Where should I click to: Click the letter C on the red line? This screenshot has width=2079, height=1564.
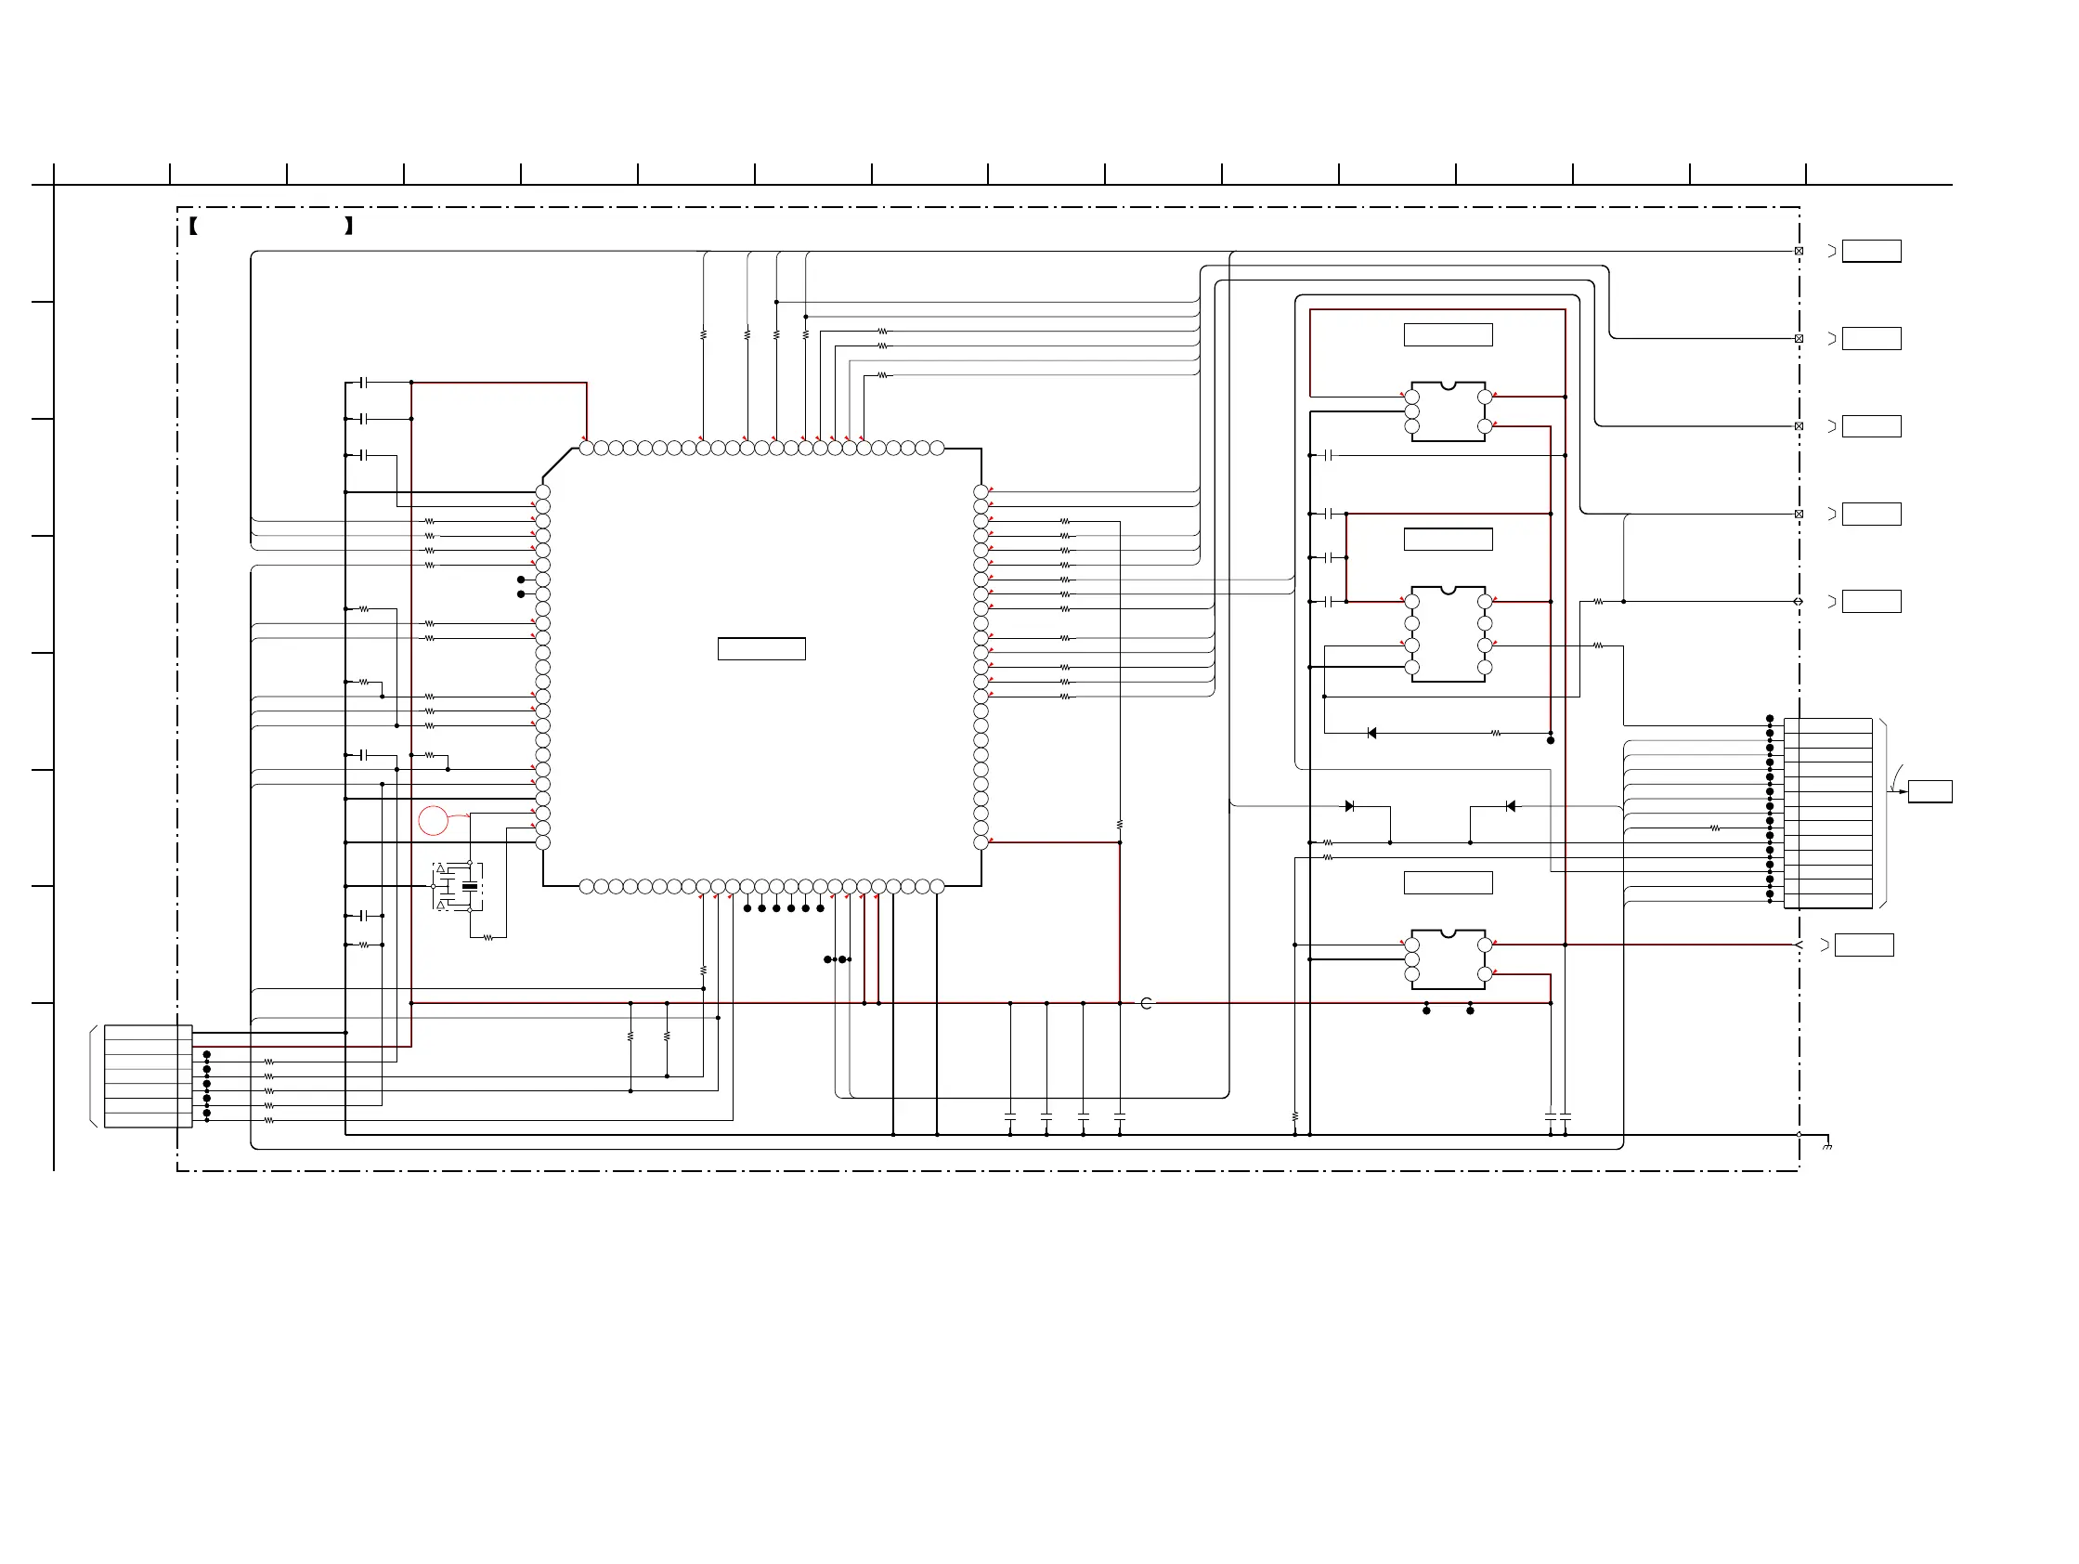pos(1146,1004)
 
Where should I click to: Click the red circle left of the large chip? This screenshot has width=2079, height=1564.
pos(434,820)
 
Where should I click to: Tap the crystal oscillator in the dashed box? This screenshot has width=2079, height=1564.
pos(469,886)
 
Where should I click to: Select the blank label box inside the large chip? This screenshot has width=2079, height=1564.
pos(761,648)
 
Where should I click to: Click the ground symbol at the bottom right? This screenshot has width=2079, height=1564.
pos(1827,1147)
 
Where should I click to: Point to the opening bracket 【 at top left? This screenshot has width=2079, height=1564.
pos(193,226)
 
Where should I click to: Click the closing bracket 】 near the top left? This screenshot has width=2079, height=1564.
pos(349,226)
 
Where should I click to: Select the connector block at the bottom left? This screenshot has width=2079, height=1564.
pos(149,1076)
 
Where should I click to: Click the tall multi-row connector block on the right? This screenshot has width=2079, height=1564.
pos(1828,814)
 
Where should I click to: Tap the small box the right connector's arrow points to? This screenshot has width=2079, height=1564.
pos(1930,791)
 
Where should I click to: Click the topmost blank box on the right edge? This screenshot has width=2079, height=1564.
pos(1871,251)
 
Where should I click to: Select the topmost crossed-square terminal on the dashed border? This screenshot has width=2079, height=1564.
pos(1799,251)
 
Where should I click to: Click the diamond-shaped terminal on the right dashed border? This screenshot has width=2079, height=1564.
pos(1798,602)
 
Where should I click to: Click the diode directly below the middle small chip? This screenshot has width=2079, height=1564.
pos(1372,733)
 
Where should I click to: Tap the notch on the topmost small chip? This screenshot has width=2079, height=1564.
pos(1449,385)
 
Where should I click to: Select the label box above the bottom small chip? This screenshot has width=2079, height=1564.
pos(1449,882)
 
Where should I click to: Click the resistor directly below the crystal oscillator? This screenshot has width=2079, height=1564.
pos(487,937)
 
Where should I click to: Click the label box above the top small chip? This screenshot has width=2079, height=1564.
pos(1449,334)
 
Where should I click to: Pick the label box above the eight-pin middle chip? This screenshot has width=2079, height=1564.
pos(1449,539)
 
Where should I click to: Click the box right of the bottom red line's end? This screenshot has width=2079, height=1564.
pos(1864,945)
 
